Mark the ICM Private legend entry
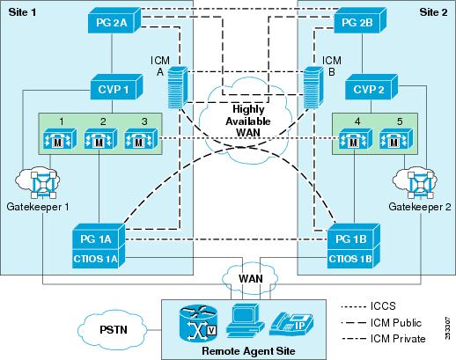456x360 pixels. pyautogui.click(x=393, y=338)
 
